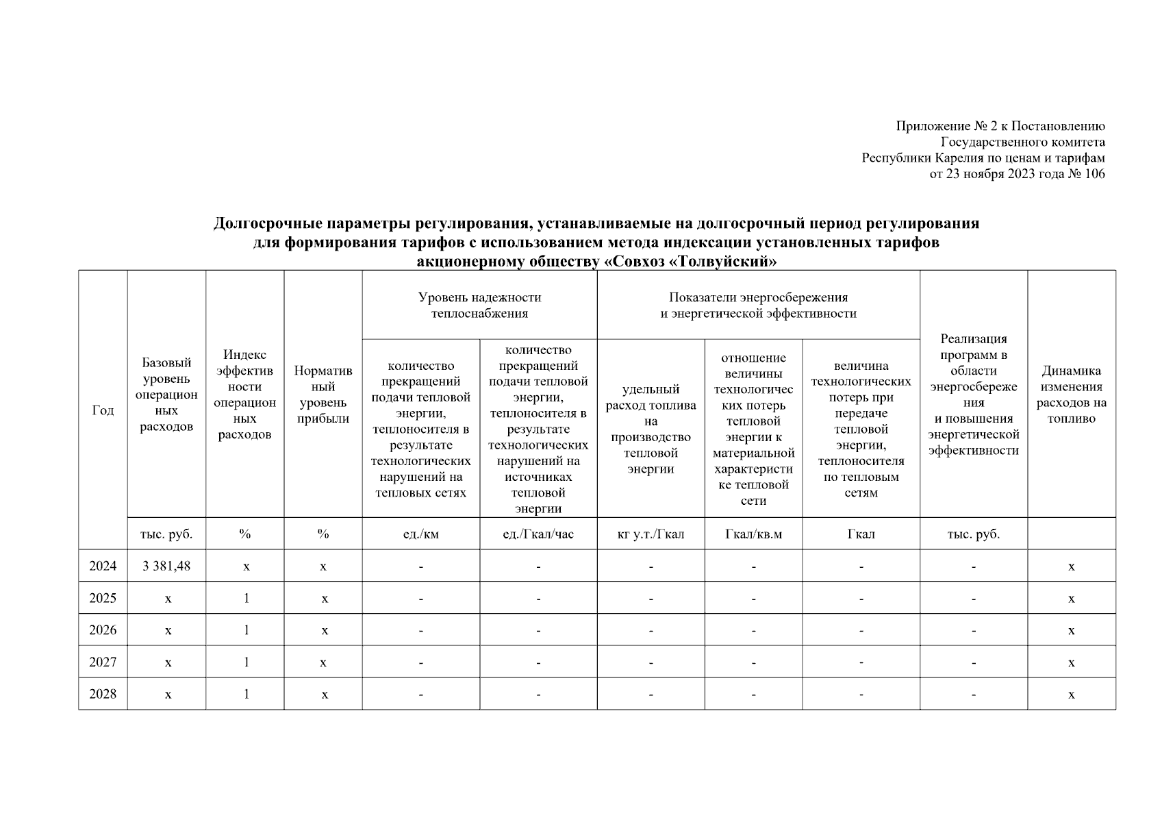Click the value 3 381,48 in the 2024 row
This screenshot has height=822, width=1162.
tap(166, 566)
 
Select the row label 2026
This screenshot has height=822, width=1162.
tap(103, 630)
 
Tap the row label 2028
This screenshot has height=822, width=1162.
tap(103, 694)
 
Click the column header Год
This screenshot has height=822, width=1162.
tap(103, 410)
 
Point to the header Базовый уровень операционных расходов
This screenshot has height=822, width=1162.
tap(166, 395)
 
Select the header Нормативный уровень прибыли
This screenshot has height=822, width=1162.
tap(323, 395)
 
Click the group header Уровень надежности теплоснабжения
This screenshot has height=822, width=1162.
tap(479, 306)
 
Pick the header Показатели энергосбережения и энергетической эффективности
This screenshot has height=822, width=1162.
tap(758, 306)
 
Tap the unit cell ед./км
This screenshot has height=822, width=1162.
tap(420, 534)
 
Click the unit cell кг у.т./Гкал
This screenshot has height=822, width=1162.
tap(651, 534)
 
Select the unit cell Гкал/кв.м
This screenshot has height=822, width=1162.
tap(753, 534)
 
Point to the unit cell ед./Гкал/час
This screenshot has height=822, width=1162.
tap(538, 534)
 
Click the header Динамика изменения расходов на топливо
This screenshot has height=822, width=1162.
tap(1071, 395)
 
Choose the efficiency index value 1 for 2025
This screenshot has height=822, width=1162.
tap(246, 598)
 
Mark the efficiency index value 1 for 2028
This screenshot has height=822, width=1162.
tap(246, 694)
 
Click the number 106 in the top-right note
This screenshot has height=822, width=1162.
tap(1094, 174)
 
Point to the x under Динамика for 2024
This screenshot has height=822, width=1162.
tap(1071, 566)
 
